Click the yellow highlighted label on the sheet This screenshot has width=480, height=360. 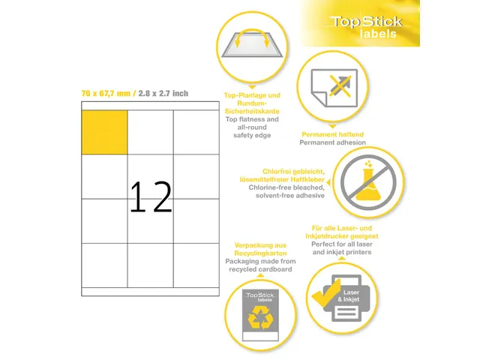tap(104, 132)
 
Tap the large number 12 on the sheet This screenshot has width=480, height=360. tap(151, 197)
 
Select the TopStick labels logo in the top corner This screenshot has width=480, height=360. tap(368, 28)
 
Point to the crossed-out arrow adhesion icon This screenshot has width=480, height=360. tap(332, 88)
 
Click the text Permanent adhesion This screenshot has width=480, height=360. tap(332, 142)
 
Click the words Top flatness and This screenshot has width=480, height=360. tap(253, 119)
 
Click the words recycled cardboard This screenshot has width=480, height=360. tap(261, 269)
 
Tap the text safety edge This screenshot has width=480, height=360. tap(253, 136)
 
